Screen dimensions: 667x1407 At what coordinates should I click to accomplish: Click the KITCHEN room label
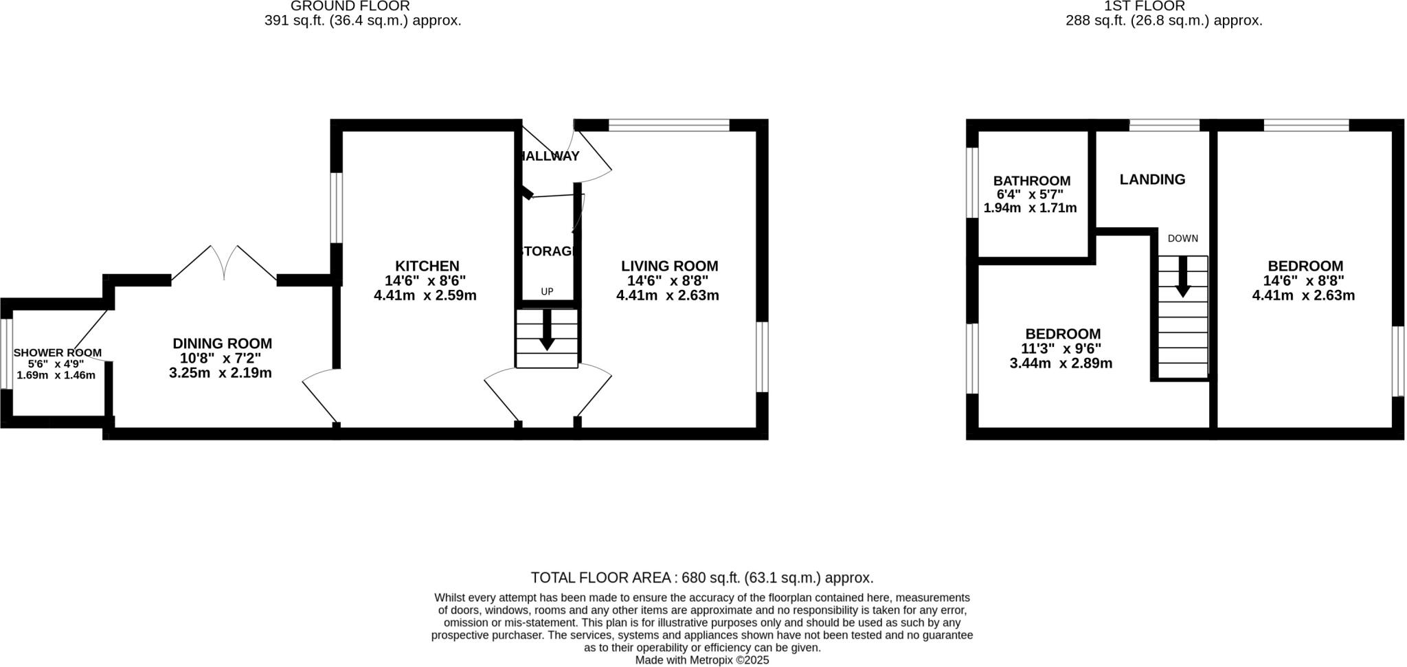427,266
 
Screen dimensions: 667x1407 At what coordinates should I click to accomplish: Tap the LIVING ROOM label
669,266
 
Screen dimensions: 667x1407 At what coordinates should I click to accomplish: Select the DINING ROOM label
222,343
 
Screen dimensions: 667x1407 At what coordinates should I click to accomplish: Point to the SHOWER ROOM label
57,352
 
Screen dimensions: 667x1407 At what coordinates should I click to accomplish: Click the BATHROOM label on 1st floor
1031,181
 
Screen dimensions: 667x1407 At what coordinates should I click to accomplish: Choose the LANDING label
1152,179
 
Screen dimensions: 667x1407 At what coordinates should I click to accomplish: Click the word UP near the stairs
547,291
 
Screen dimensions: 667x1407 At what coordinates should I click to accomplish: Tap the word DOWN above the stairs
1182,238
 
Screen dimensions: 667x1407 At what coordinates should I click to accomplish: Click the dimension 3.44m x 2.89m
1060,363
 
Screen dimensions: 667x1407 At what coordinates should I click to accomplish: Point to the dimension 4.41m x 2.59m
425,295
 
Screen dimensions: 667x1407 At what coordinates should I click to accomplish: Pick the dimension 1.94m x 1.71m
1030,207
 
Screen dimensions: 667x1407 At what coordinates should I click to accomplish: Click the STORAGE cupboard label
548,251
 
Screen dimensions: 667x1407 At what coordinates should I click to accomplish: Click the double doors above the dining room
224,262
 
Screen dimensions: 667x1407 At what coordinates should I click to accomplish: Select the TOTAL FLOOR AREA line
701,577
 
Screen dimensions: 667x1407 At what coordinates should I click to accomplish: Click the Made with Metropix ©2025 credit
701,660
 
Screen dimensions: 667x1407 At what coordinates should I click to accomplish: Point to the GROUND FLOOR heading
350,6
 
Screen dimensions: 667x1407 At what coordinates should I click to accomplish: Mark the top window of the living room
668,125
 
